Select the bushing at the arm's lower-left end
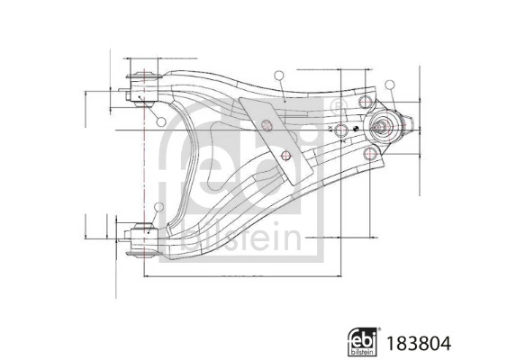[142, 238]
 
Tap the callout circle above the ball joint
[391, 85]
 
